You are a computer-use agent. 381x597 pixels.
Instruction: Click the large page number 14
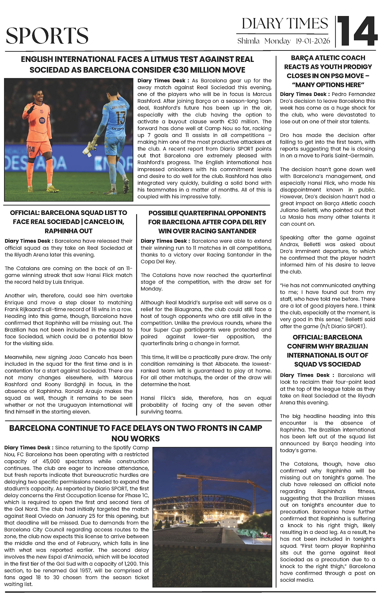pyautogui.click(x=357, y=31)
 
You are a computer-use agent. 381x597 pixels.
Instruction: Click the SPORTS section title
pyautogui.click(x=47, y=36)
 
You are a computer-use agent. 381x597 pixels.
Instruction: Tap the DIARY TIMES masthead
pyautogui.click(x=285, y=24)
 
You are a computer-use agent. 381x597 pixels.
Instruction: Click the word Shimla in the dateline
pyautogui.click(x=248, y=41)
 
